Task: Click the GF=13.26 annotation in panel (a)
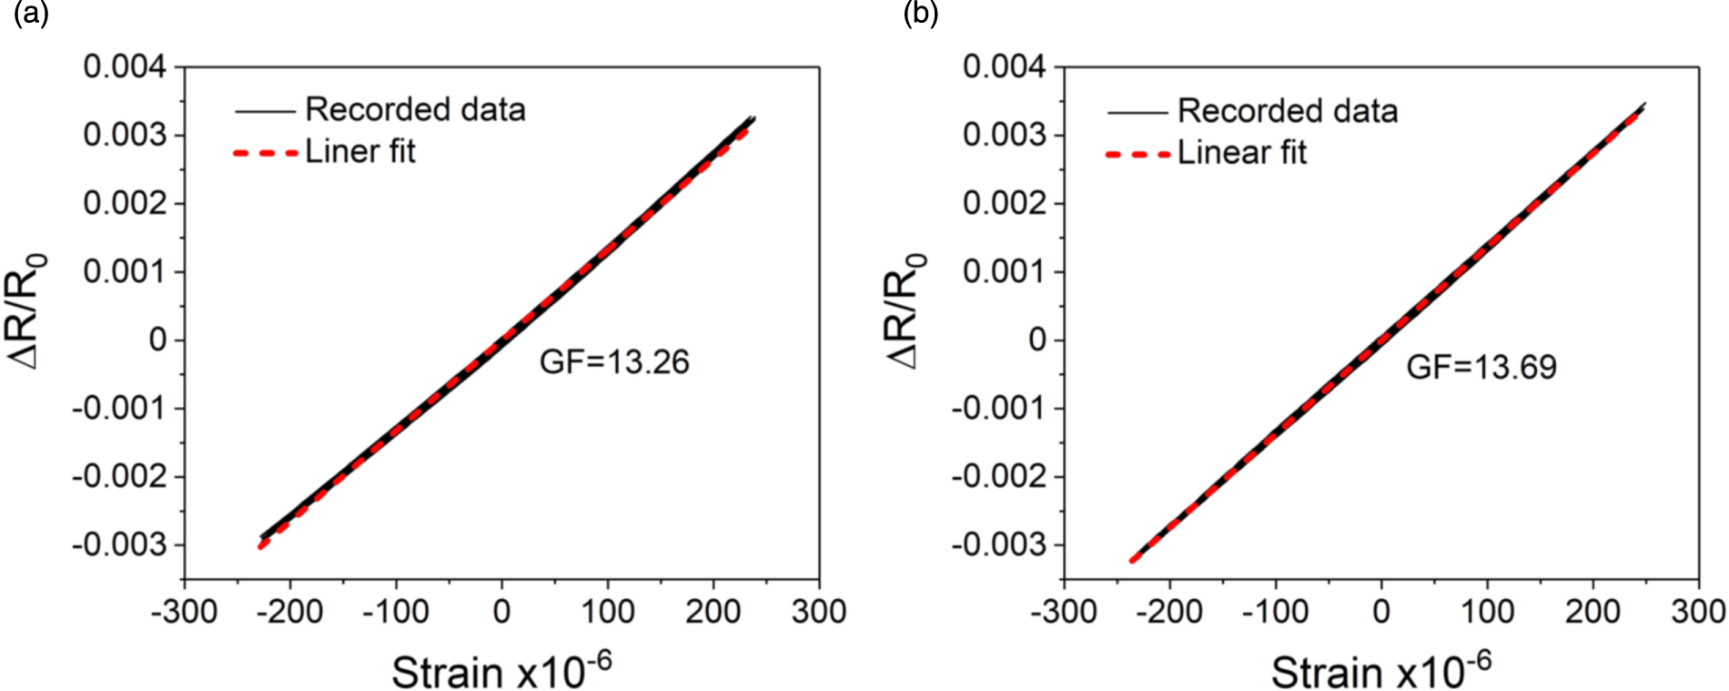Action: [614, 362]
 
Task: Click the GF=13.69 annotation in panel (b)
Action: [1481, 367]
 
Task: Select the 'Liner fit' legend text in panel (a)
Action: [360, 151]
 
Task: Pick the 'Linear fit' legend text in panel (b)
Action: [1241, 152]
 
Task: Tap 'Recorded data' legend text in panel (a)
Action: [415, 110]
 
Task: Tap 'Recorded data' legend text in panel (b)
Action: [1287, 111]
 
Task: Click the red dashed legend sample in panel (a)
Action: [265, 153]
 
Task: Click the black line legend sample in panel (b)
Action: [1137, 113]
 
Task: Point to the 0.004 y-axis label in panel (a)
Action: [126, 66]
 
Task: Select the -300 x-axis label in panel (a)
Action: [184, 612]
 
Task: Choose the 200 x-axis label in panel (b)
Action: [1592, 612]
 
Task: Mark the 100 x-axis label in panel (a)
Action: [607, 612]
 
